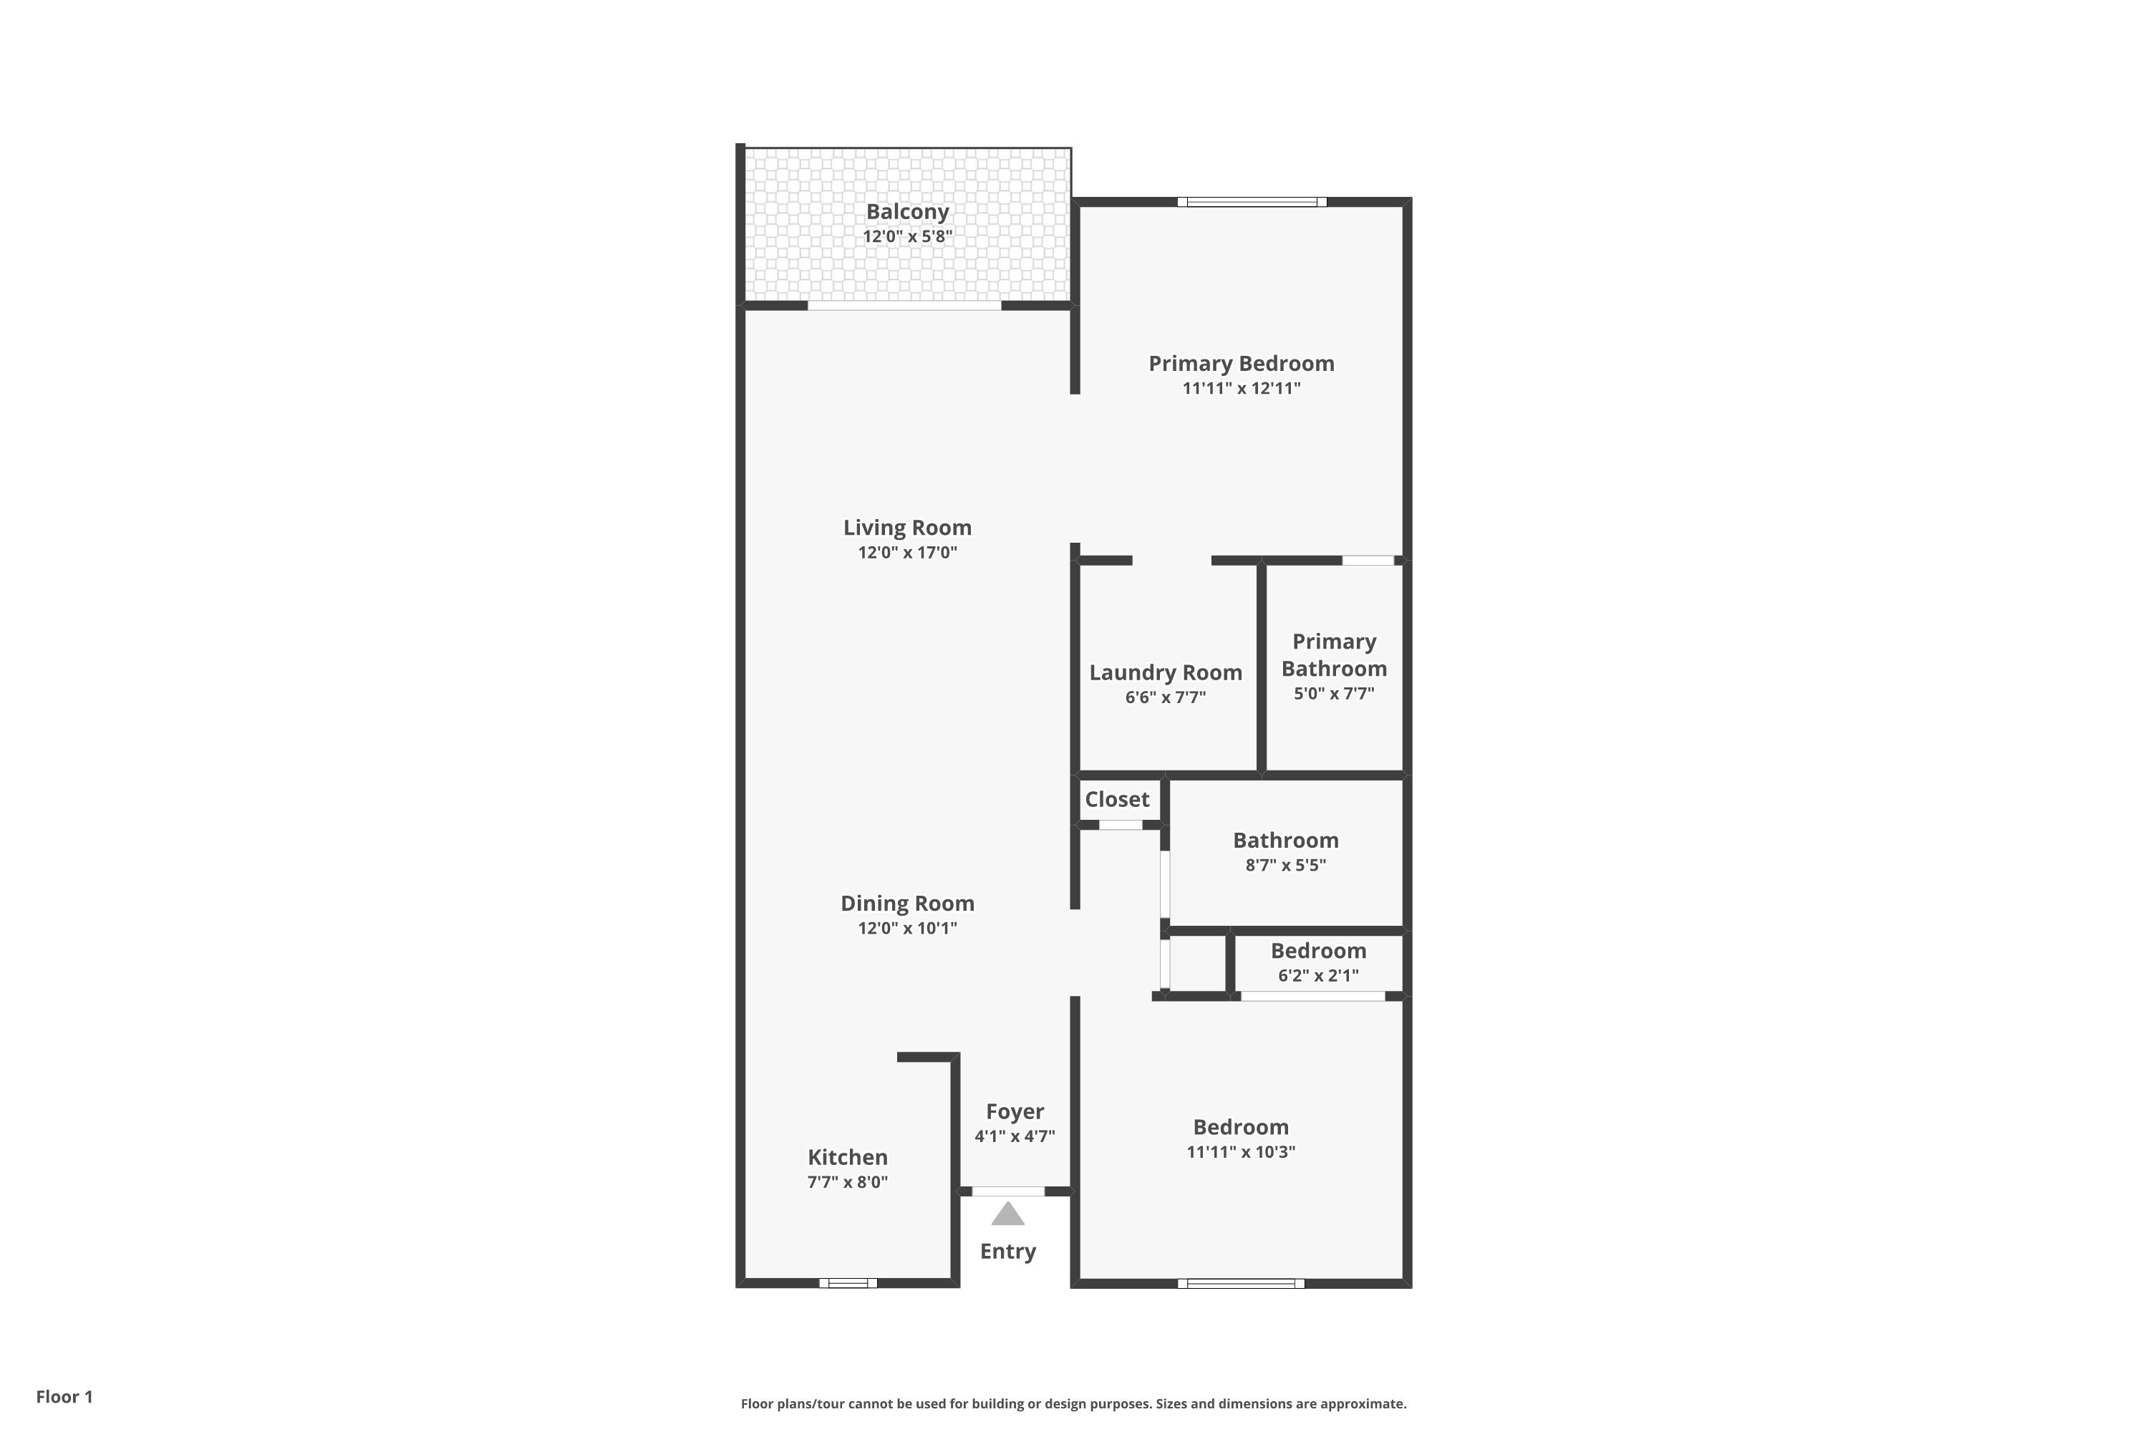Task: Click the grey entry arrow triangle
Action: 1007,1214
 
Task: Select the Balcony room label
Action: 907,212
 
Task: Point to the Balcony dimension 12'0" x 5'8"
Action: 907,236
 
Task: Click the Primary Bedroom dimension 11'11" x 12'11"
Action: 1241,388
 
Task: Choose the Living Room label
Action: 907,528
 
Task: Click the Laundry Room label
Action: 1166,673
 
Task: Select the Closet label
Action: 1117,800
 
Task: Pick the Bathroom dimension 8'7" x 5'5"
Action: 1285,865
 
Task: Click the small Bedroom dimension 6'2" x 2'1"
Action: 1318,975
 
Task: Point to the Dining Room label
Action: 907,903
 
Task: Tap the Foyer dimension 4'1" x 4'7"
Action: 1014,1137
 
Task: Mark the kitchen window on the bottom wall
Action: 848,1283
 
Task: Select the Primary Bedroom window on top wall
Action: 1251,202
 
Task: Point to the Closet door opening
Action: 1120,825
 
